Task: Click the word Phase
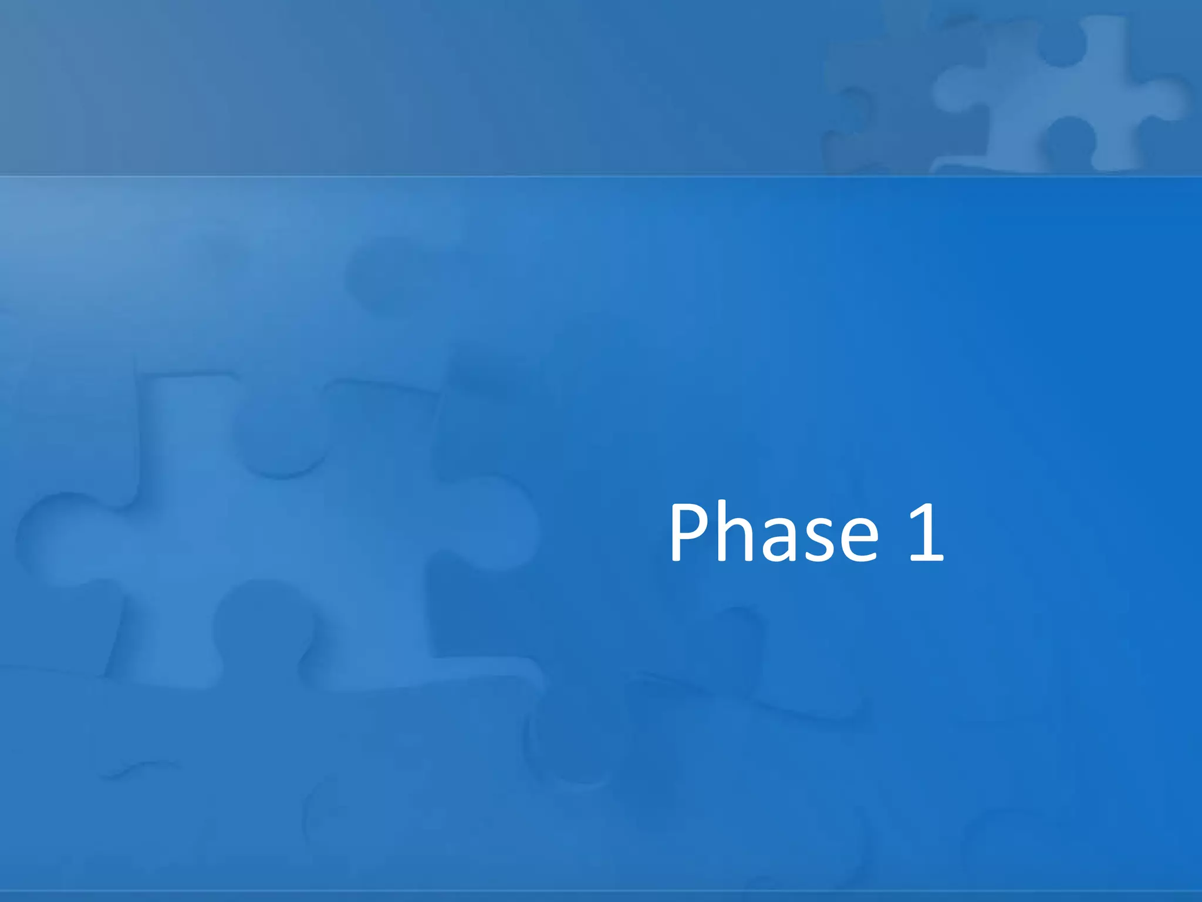[774, 532]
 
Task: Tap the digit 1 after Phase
[926, 533]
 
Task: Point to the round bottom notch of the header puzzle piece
[1068, 141]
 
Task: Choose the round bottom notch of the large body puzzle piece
[258, 622]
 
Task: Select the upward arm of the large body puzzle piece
[188, 423]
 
